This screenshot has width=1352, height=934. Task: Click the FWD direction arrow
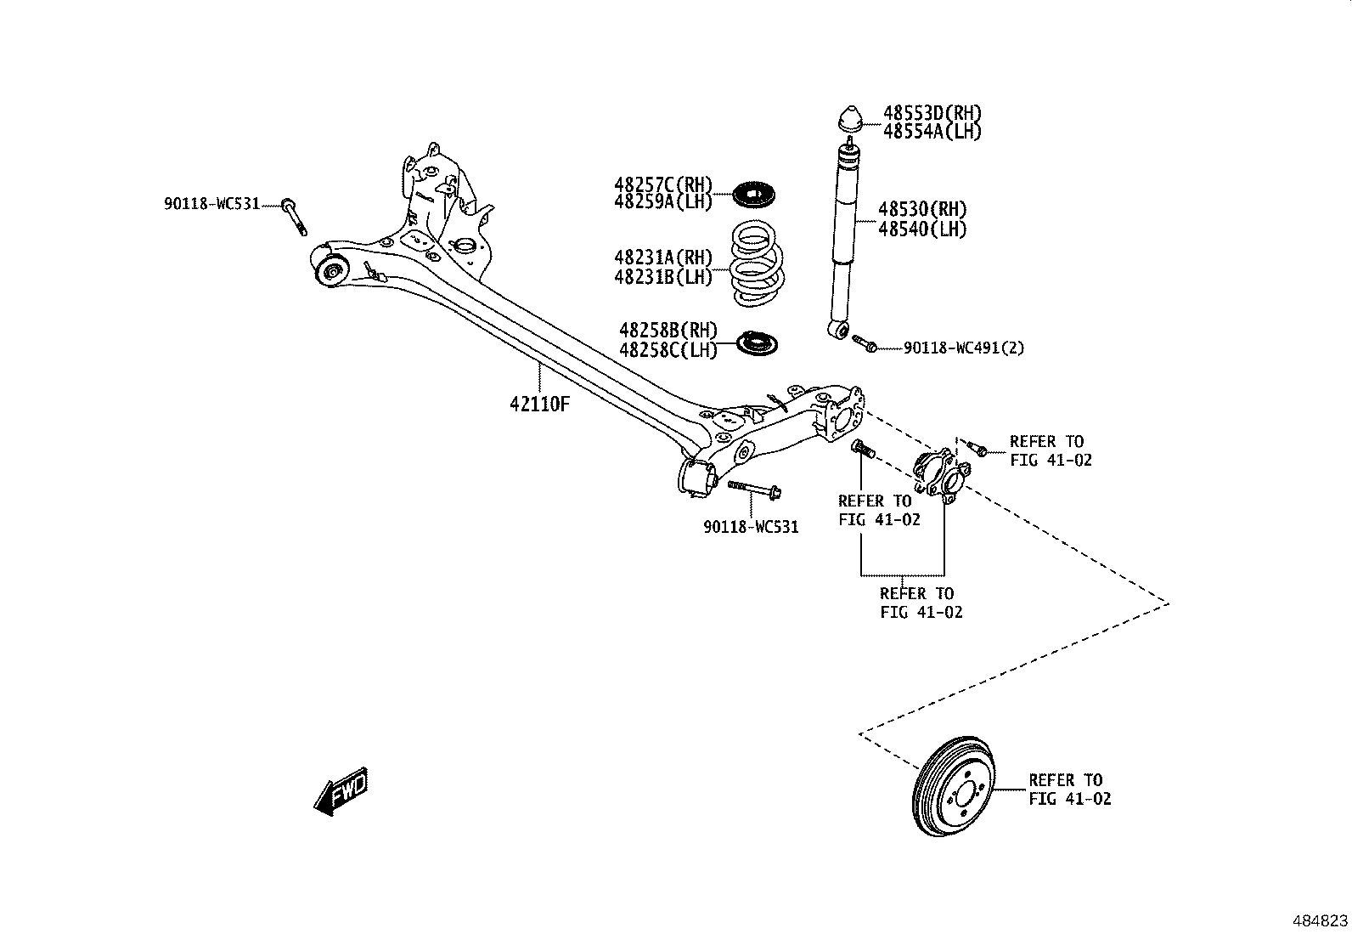[x=341, y=792]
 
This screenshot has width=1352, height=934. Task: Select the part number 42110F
[x=539, y=404]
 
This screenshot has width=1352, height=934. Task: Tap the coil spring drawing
[x=758, y=263]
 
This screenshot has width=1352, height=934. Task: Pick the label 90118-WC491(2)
[x=963, y=348]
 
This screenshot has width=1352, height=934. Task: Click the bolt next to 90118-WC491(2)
[x=864, y=343]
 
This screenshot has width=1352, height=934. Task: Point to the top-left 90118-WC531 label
[x=211, y=204]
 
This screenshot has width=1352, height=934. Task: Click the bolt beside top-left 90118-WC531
[x=295, y=217]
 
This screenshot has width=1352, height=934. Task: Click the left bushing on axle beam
[x=332, y=271]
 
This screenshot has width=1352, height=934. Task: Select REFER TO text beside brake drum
[x=1066, y=779]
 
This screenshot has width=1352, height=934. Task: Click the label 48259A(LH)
[x=663, y=203]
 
